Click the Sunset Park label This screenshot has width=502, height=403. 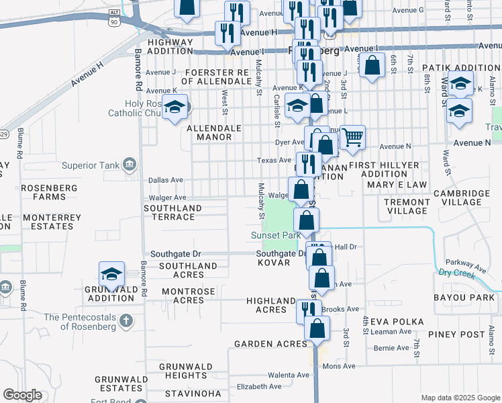pos(275,236)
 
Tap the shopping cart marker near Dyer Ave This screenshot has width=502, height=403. pos(352,138)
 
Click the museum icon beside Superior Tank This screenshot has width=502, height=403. pos(130,164)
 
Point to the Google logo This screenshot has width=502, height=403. pos(22,395)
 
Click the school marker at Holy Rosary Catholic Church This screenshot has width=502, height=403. pos(175,108)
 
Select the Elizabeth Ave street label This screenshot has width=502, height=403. pos(259,387)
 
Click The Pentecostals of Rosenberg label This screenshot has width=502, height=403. pos(81,322)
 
